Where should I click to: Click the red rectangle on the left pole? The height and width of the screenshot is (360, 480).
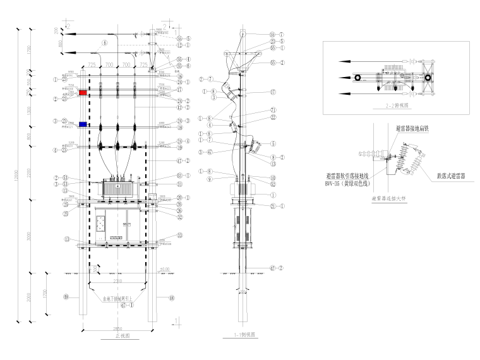point(83,92)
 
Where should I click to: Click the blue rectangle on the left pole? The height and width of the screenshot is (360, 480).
point(83,124)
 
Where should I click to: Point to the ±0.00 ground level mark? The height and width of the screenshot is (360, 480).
point(165,270)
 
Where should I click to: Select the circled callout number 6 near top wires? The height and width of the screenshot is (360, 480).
point(105,42)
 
